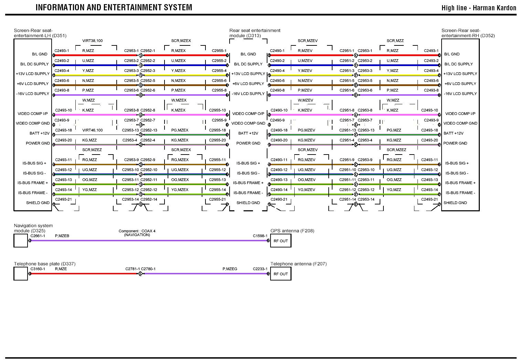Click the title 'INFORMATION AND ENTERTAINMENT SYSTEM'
tap(114, 7)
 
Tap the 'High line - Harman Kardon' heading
tap(479, 8)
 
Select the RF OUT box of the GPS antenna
tap(281, 241)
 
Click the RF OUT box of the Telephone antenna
tap(281, 274)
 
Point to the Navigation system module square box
tap(21, 241)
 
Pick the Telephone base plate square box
tap(21, 274)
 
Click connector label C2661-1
tap(38, 236)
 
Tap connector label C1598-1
tap(260, 236)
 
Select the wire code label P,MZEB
tap(62, 236)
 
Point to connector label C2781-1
tap(133, 269)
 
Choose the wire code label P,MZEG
tap(230, 269)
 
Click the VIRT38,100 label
tap(92, 41)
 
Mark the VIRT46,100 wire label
tap(92, 130)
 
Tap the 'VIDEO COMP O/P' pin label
tap(248, 114)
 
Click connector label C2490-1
tap(277, 51)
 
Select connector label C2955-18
tap(218, 130)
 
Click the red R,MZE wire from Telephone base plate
tap(86, 274)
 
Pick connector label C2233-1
tap(260, 269)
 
